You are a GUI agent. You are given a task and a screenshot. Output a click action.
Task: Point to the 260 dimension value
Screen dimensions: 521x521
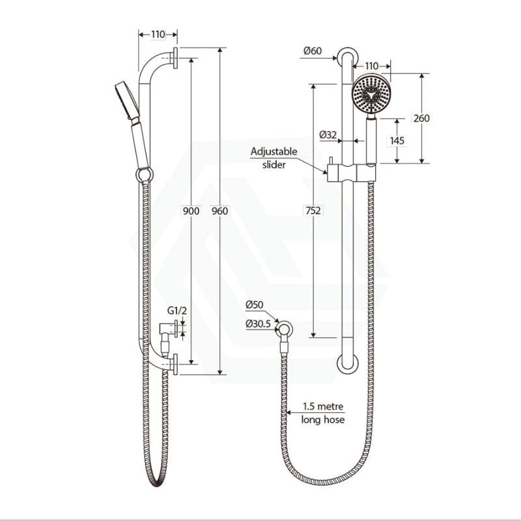(422, 118)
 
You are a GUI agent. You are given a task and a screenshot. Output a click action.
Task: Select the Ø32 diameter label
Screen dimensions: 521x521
(328, 135)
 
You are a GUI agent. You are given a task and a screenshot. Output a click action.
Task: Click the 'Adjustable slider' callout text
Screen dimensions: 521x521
(274, 157)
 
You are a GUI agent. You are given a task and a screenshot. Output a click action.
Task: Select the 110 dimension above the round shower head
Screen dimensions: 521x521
(371, 66)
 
